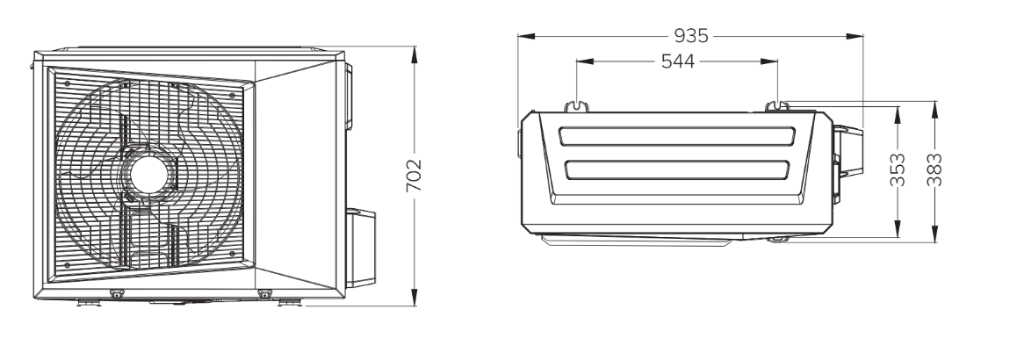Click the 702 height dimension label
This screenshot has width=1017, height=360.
tap(414, 175)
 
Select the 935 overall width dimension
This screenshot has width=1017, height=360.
tap(691, 35)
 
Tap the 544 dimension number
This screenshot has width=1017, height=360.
tap(678, 61)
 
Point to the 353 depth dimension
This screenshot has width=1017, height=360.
tap(898, 169)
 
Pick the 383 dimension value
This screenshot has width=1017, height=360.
tap(934, 169)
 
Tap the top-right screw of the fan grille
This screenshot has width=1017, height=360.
tap(232, 95)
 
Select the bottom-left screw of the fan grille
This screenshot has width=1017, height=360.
tap(67, 264)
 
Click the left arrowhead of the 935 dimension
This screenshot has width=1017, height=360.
tap(526, 36)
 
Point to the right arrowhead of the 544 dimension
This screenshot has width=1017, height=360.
tap(769, 61)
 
